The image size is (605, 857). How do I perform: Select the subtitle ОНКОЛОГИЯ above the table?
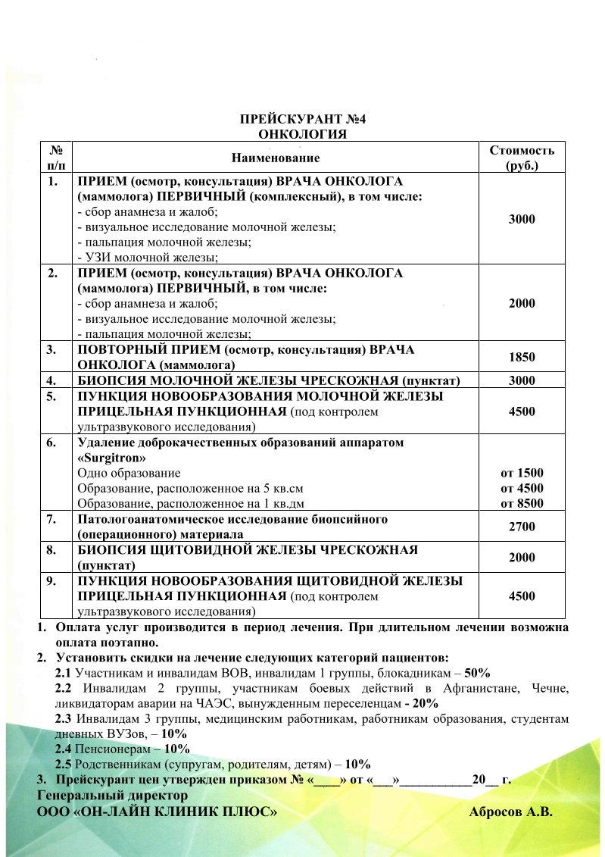tap(303, 135)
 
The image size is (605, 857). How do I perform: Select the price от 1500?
tap(522, 473)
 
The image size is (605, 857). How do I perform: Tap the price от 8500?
tap(522, 503)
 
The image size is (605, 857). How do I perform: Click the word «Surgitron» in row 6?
tap(112, 458)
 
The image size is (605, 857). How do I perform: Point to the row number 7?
tap(52, 519)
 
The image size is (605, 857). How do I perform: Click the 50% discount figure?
tap(479, 672)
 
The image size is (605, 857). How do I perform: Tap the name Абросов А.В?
tap(512, 812)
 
